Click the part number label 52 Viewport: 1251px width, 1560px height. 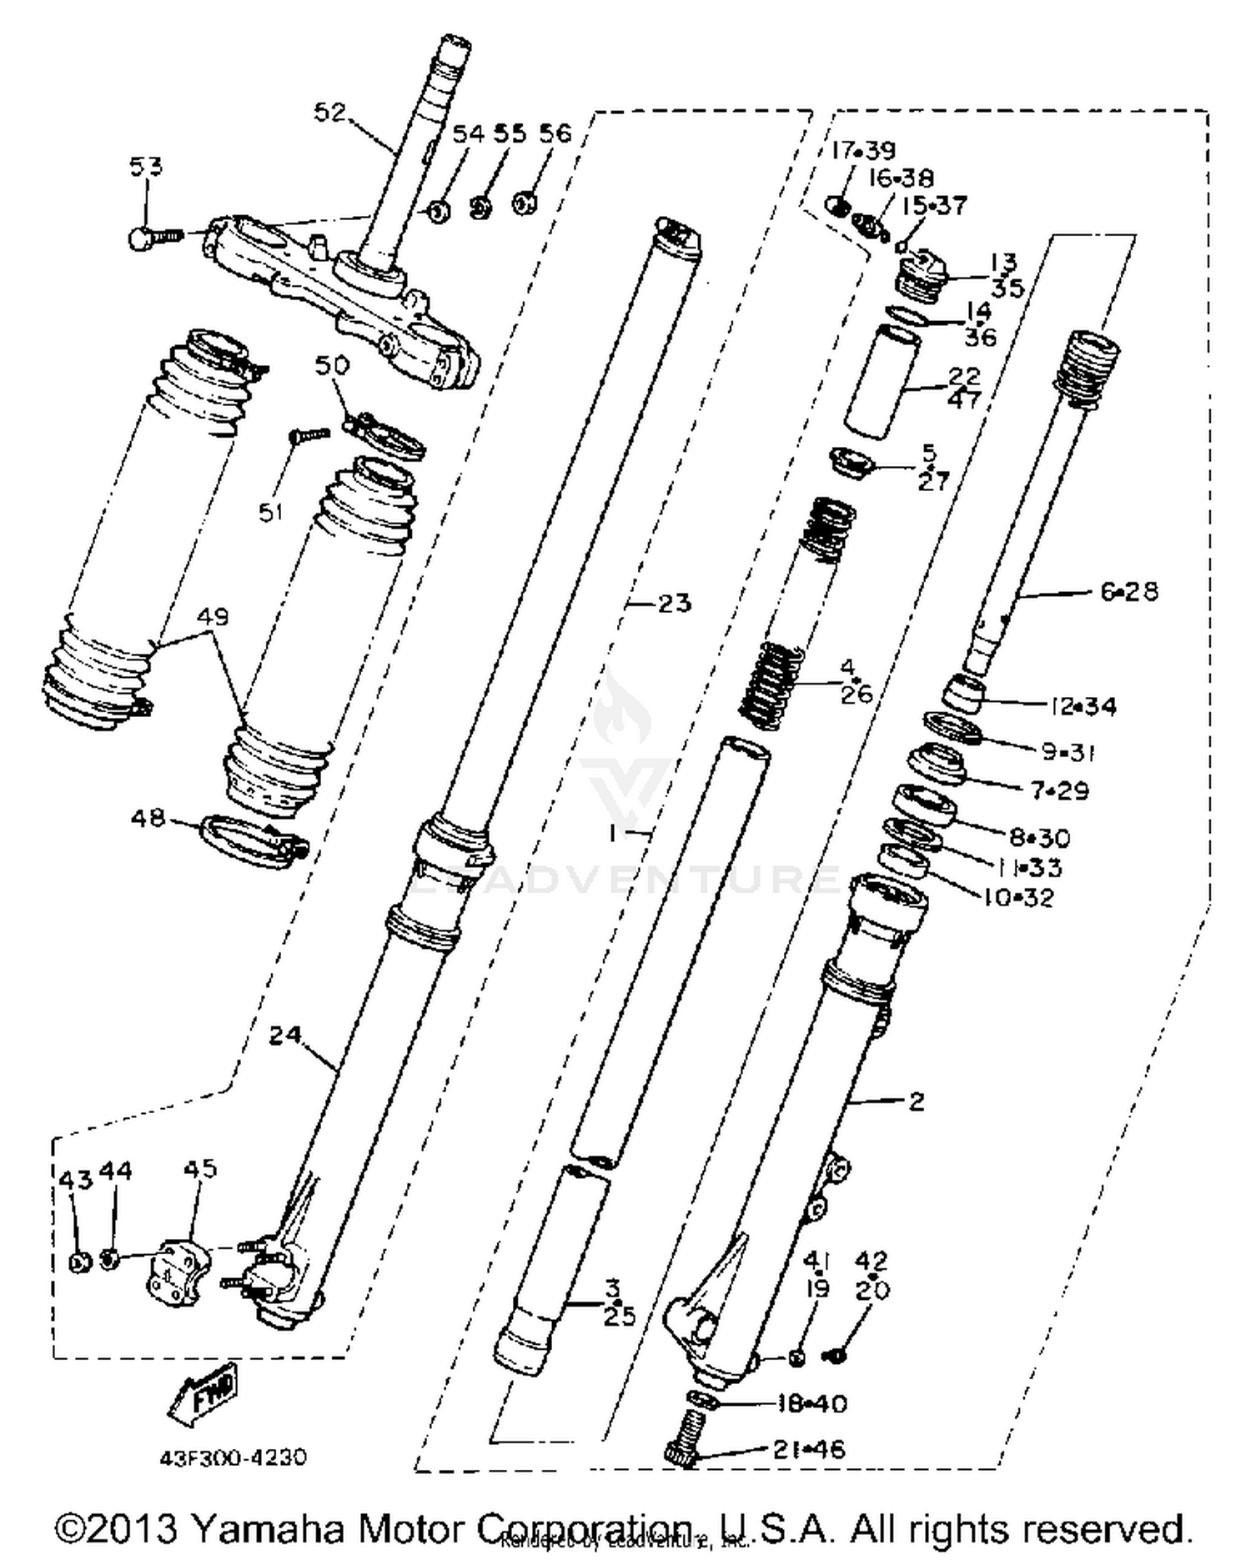[329, 113]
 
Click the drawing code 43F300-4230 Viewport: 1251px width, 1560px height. [234, 1457]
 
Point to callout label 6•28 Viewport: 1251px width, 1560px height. [1128, 591]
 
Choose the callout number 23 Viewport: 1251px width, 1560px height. [675, 603]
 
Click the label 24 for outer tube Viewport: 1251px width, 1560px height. [285, 1035]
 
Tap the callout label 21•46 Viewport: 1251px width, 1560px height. [808, 1449]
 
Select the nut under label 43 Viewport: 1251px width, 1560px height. [80, 1262]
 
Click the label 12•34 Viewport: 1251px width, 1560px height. [1083, 706]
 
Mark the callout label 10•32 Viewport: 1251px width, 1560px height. [1020, 898]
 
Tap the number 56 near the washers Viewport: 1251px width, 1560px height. [555, 133]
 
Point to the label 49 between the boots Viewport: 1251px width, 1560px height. [213, 617]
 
